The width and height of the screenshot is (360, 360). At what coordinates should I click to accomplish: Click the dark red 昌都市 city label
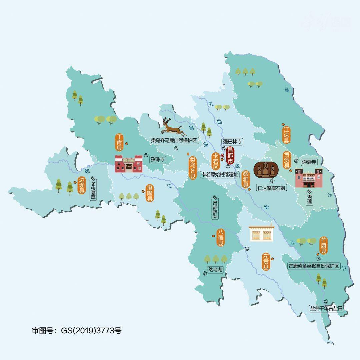pyautogui.click(x=230, y=155)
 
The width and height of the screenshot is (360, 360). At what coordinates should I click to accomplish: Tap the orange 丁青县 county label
pyautogui.click(x=119, y=143)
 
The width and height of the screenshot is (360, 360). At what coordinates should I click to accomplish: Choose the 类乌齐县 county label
pyautogui.click(x=192, y=168)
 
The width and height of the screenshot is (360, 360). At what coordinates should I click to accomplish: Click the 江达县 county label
pyautogui.click(x=286, y=135)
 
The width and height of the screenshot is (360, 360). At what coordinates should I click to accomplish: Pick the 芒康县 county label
pyautogui.click(x=324, y=245)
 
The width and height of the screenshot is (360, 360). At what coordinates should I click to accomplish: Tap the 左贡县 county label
pyautogui.click(x=266, y=262)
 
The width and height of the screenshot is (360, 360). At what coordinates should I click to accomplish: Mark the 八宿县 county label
pyautogui.click(x=220, y=238)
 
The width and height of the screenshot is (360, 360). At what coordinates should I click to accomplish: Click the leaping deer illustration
pyautogui.click(x=173, y=127)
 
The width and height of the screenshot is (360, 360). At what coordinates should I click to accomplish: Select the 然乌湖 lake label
pyautogui.click(x=215, y=270)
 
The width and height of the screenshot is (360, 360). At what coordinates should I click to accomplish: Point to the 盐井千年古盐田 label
pyautogui.click(x=326, y=308)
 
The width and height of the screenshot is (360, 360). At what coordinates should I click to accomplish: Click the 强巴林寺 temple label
pyautogui.click(x=232, y=142)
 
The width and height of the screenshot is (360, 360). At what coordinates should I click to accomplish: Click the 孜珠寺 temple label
pyautogui.click(x=158, y=160)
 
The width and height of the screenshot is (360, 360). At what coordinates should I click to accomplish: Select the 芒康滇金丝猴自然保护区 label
pyautogui.click(x=314, y=266)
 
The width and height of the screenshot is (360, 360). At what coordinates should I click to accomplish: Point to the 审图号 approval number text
pyautogui.click(x=77, y=331)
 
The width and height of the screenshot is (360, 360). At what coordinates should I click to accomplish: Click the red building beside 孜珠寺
pyautogui.click(x=129, y=163)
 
